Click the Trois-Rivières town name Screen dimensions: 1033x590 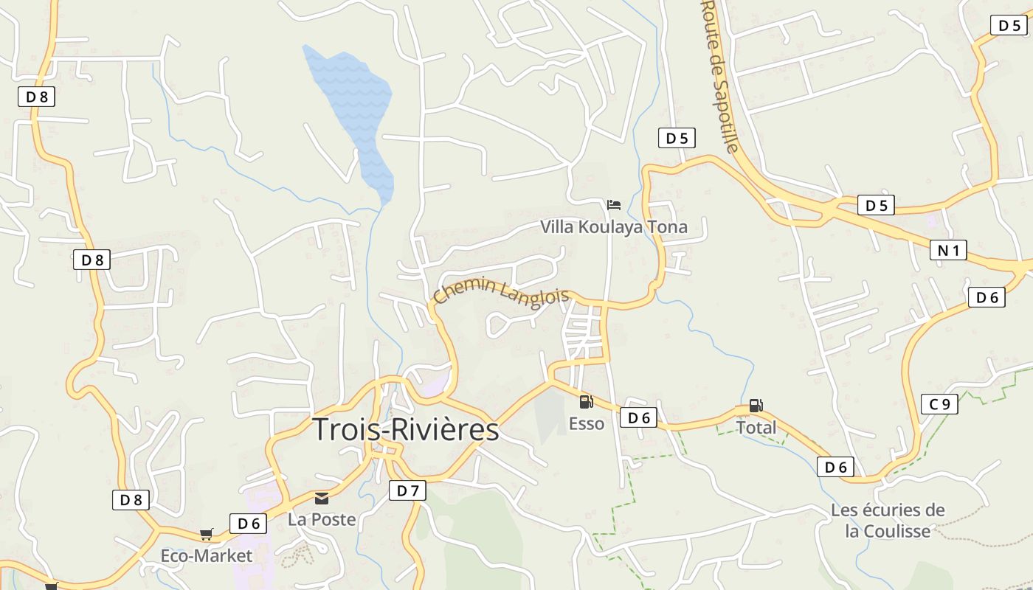pos(406,430)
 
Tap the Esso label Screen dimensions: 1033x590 pos(587,424)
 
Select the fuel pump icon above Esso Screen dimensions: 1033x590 pos(587,402)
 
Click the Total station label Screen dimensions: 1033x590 pos(756,428)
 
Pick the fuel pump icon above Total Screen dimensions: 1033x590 pos(756,405)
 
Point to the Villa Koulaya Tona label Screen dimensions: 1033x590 pos(614,227)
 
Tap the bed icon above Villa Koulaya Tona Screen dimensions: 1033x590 pos(614,204)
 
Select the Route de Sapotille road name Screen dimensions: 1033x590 pos(719,76)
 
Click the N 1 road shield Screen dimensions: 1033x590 pos(948,251)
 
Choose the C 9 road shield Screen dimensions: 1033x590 pos(939,404)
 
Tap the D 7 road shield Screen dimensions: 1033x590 pos(407,490)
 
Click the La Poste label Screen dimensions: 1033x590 pos(322,520)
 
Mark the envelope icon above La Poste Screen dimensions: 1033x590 pos(322,498)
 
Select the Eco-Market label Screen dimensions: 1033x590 pos(207,556)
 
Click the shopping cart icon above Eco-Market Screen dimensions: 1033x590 pos(207,534)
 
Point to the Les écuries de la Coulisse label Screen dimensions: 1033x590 pos(888,520)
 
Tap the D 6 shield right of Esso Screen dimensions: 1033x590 pos(638,418)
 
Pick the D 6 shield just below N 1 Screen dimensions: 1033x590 pos(987,298)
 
